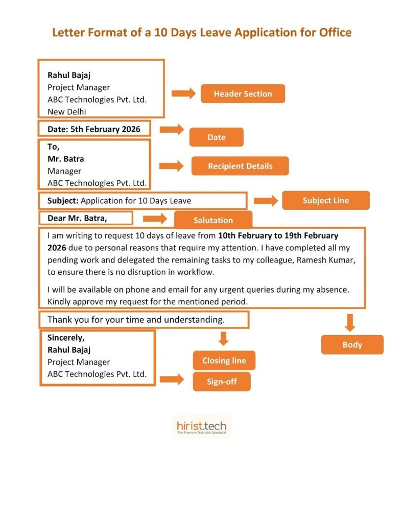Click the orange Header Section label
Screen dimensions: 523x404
click(x=243, y=94)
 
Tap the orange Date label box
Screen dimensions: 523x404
click(x=217, y=137)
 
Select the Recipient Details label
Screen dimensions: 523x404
click(x=240, y=166)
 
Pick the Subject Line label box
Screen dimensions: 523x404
click(x=325, y=201)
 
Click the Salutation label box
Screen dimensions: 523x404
click(x=213, y=220)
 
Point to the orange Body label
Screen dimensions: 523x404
click(x=352, y=345)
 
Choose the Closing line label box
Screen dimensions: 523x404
click(x=224, y=361)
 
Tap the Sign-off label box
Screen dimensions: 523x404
click(x=222, y=382)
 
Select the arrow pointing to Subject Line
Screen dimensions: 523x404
click(x=266, y=201)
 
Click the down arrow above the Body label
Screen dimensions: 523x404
click(x=350, y=323)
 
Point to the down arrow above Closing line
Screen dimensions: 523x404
click(x=223, y=338)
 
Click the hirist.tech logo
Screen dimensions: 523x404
click(x=202, y=426)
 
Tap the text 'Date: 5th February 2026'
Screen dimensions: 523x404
click(x=94, y=129)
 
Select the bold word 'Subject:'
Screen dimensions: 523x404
click(x=63, y=201)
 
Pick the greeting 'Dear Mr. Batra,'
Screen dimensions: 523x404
click(x=78, y=219)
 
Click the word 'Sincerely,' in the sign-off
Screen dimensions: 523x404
click(x=66, y=338)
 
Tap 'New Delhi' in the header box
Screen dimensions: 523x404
click(x=67, y=112)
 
